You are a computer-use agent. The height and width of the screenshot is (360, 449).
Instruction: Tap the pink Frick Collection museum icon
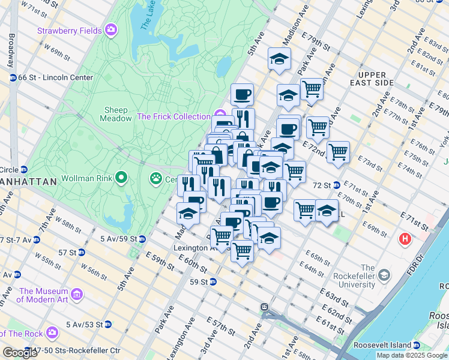click(219, 115)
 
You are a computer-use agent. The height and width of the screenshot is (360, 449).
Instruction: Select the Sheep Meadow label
click(117, 114)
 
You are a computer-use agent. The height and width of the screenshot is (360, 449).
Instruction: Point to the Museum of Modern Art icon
click(77, 294)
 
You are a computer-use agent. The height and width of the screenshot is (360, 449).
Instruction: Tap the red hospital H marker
click(406, 239)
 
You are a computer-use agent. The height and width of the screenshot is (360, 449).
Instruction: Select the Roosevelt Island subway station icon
click(417, 345)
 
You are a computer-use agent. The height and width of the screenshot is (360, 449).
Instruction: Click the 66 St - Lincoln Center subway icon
click(13, 77)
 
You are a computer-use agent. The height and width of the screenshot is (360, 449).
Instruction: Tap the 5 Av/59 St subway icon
click(142, 239)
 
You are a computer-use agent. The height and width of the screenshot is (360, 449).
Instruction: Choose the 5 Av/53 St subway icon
click(107, 325)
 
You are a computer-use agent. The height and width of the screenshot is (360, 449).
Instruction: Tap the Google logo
click(20, 353)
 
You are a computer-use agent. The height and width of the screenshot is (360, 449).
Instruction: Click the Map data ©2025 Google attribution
click(412, 355)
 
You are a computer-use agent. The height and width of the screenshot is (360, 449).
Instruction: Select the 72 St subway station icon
click(337, 185)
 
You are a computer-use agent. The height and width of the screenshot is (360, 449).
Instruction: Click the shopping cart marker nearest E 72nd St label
click(338, 151)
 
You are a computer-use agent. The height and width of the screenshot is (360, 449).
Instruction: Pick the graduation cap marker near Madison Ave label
click(279, 59)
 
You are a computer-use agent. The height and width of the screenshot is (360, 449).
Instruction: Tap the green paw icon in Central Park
click(156, 178)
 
